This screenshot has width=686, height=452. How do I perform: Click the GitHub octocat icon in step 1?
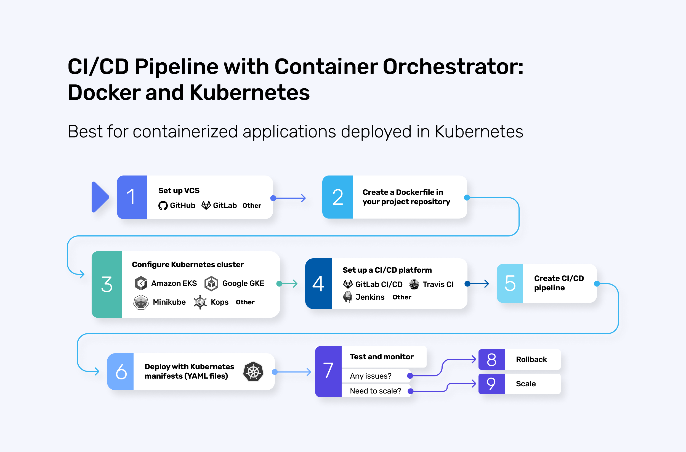click(x=163, y=206)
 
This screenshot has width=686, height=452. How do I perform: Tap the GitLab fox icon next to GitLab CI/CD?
click(x=348, y=284)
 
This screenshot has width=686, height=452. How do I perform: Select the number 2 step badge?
click(x=337, y=197)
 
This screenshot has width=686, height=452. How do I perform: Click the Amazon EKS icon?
click(x=141, y=283)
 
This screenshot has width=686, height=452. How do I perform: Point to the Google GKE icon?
click(x=211, y=283)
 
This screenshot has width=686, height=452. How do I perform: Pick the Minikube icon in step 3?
click(x=141, y=302)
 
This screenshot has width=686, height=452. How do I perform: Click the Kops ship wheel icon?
click(x=200, y=302)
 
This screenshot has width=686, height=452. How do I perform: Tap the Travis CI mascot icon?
click(x=414, y=284)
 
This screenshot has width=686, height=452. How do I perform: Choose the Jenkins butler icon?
click(x=348, y=297)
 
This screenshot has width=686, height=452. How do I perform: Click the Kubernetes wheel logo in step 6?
click(x=253, y=372)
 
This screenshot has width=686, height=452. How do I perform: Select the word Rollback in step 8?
click(x=531, y=360)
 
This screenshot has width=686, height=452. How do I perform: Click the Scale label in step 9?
click(x=526, y=384)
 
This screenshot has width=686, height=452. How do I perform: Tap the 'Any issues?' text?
click(x=371, y=376)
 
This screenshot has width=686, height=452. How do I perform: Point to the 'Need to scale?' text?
click(x=375, y=391)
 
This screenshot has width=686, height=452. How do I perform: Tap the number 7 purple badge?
click(x=328, y=371)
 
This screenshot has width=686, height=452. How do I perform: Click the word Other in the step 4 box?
click(x=402, y=297)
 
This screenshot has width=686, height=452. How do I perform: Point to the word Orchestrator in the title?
click(x=453, y=67)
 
